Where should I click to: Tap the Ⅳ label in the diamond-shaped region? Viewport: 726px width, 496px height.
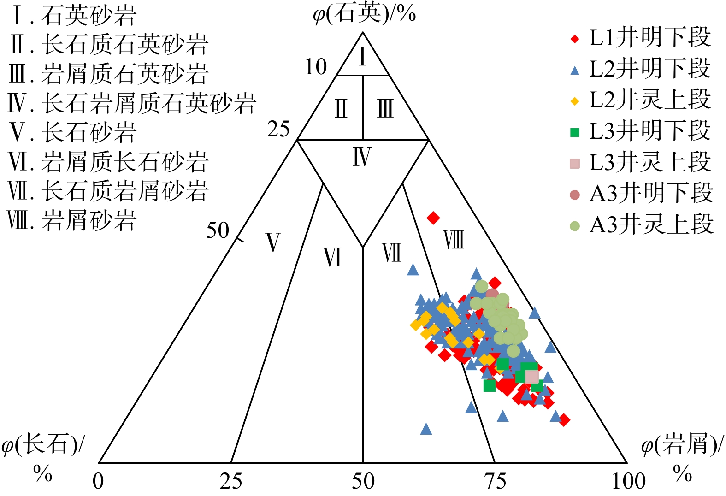tap(362, 156)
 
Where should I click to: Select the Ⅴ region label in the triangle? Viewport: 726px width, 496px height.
tap(272, 242)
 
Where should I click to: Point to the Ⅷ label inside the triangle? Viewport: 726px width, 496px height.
tap(454, 240)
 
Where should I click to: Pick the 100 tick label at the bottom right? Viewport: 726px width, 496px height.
tap(629, 481)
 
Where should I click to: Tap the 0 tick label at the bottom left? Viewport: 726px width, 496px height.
tap(98, 481)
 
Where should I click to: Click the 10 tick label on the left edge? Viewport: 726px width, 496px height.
tap(316, 67)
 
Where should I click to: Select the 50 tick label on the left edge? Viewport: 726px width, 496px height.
tap(218, 230)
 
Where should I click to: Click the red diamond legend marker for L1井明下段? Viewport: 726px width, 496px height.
tap(575, 39)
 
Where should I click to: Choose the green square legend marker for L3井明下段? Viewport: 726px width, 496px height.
tap(575, 133)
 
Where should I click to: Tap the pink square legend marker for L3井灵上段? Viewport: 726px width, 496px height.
tap(575, 164)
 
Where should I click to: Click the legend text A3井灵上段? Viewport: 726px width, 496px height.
tap(651, 224)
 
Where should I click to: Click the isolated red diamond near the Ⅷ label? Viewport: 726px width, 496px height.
tap(433, 218)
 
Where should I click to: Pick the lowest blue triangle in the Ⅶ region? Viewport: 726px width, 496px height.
tap(426, 429)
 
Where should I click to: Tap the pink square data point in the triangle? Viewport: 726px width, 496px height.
tap(532, 376)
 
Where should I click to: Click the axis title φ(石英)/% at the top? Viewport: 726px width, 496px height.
tap(364, 15)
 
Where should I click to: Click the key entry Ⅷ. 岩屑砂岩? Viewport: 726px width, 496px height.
tap(72, 220)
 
